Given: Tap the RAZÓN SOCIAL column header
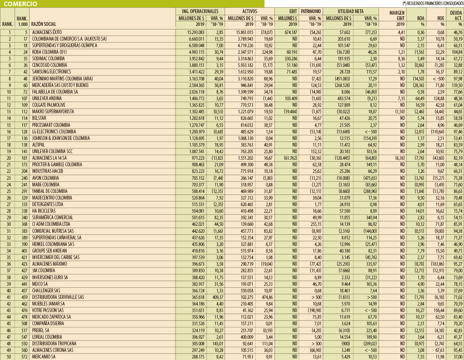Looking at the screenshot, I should pyautogui.click(x=44, y=24).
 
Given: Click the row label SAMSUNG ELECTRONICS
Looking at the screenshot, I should pyautogui.click(x=51, y=72).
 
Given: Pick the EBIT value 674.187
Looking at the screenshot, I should pyautogui.click(x=288, y=32).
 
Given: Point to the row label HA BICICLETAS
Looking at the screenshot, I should pyautogui.click(x=44, y=211).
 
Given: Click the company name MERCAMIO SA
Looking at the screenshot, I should pyautogui.click(x=44, y=357).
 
